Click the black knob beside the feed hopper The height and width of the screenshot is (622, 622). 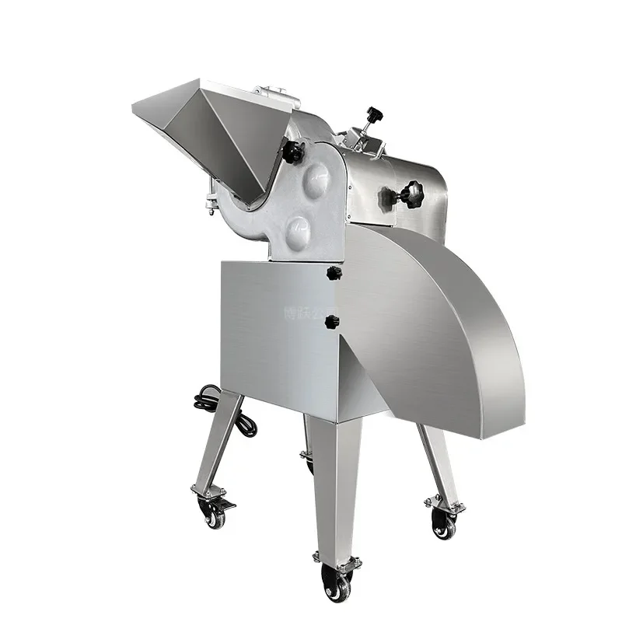click(292, 152)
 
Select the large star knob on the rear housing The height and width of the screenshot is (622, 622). click(409, 194)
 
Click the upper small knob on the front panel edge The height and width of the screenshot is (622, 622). click(334, 273)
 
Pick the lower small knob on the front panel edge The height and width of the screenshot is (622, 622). click(333, 321)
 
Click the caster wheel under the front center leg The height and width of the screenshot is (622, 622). click(336, 583)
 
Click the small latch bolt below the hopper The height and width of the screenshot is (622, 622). click(211, 204)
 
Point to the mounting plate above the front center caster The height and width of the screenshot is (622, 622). click(337, 560)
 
